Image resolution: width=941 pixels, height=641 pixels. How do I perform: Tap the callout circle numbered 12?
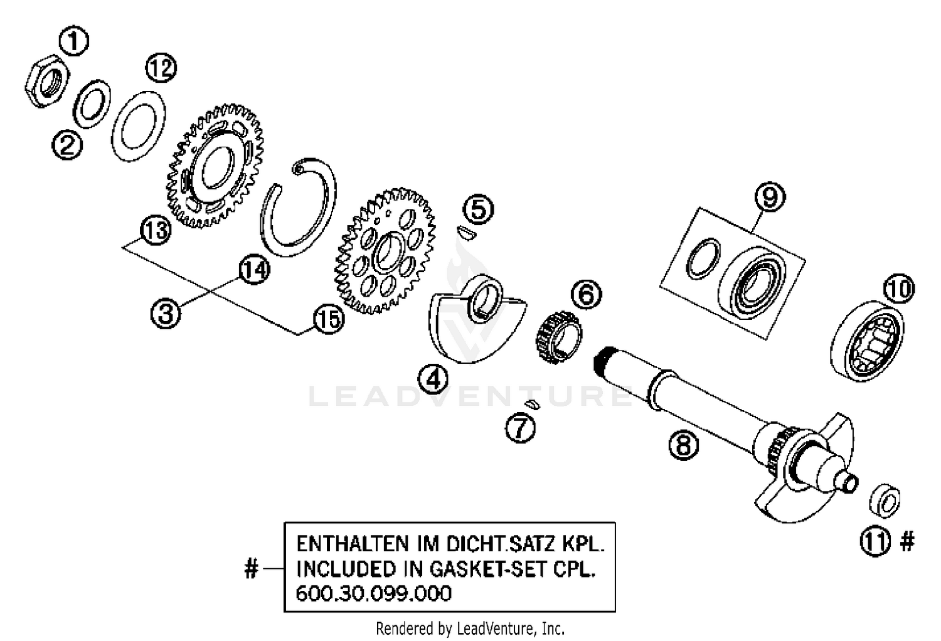click(161, 68)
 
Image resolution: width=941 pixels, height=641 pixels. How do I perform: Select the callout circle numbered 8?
click(684, 445)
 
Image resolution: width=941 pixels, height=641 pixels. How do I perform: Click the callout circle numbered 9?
click(770, 197)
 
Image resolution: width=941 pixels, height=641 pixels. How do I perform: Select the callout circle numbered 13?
click(155, 230)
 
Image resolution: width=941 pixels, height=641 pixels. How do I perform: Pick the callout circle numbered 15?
click(329, 319)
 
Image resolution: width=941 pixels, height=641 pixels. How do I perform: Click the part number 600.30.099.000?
click(373, 593)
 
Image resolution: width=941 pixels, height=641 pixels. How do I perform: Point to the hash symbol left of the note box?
click(251, 569)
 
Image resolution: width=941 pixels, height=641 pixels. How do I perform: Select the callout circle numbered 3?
click(166, 312)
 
